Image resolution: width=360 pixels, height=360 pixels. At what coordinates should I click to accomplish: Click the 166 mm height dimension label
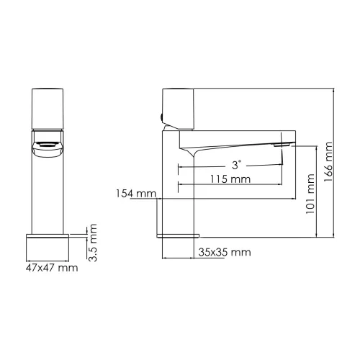pyautogui.click(x=329, y=163)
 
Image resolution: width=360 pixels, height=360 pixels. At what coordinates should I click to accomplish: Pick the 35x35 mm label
pyautogui.click(x=223, y=253)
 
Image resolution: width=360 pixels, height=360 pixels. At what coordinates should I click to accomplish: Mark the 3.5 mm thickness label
pyautogui.click(x=92, y=243)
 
